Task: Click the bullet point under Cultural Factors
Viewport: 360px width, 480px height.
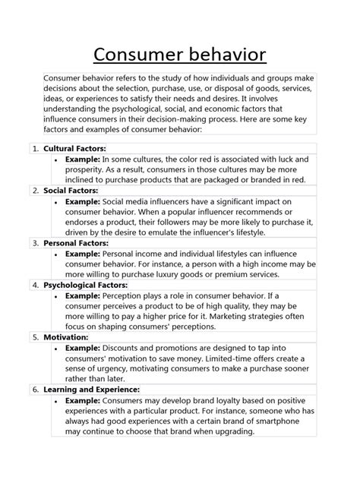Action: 58,159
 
